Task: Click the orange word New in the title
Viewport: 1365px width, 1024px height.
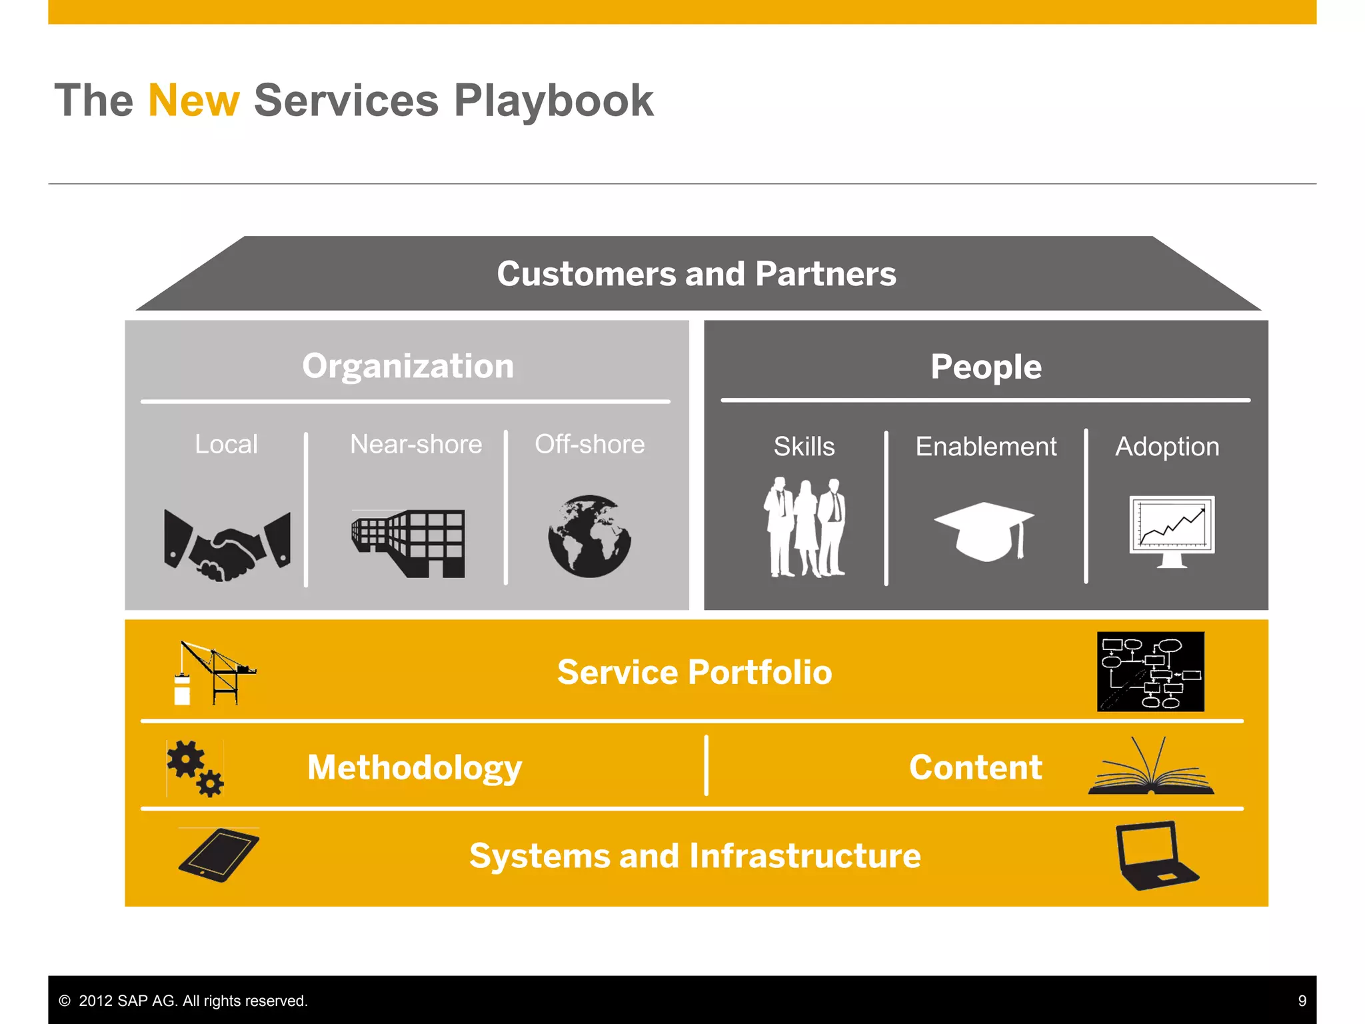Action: [x=193, y=101]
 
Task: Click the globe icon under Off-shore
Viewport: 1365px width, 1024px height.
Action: [x=589, y=536]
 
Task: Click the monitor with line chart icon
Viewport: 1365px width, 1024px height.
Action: [x=1172, y=531]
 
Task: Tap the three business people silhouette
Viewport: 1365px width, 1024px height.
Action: [x=804, y=527]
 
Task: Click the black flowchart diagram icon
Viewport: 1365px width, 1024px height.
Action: [x=1150, y=671]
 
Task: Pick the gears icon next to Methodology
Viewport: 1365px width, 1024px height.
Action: [x=195, y=768]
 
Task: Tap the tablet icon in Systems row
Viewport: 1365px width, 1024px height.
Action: [x=219, y=855]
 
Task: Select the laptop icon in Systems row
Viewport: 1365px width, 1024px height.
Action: [x=1155, y=856]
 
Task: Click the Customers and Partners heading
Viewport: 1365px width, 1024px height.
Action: [x=696, y=274]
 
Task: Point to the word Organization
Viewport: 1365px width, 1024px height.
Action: [x=408, y=366]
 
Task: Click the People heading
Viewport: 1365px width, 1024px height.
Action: [x=986, y=367]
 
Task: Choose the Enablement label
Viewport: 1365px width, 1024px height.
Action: [x=986, y=447]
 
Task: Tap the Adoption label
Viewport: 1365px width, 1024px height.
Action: [x=1167, y=447]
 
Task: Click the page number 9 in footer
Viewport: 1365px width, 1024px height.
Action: [x=1302, y=1001]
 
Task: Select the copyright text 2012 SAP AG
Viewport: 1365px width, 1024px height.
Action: [x=184, y=1001]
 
